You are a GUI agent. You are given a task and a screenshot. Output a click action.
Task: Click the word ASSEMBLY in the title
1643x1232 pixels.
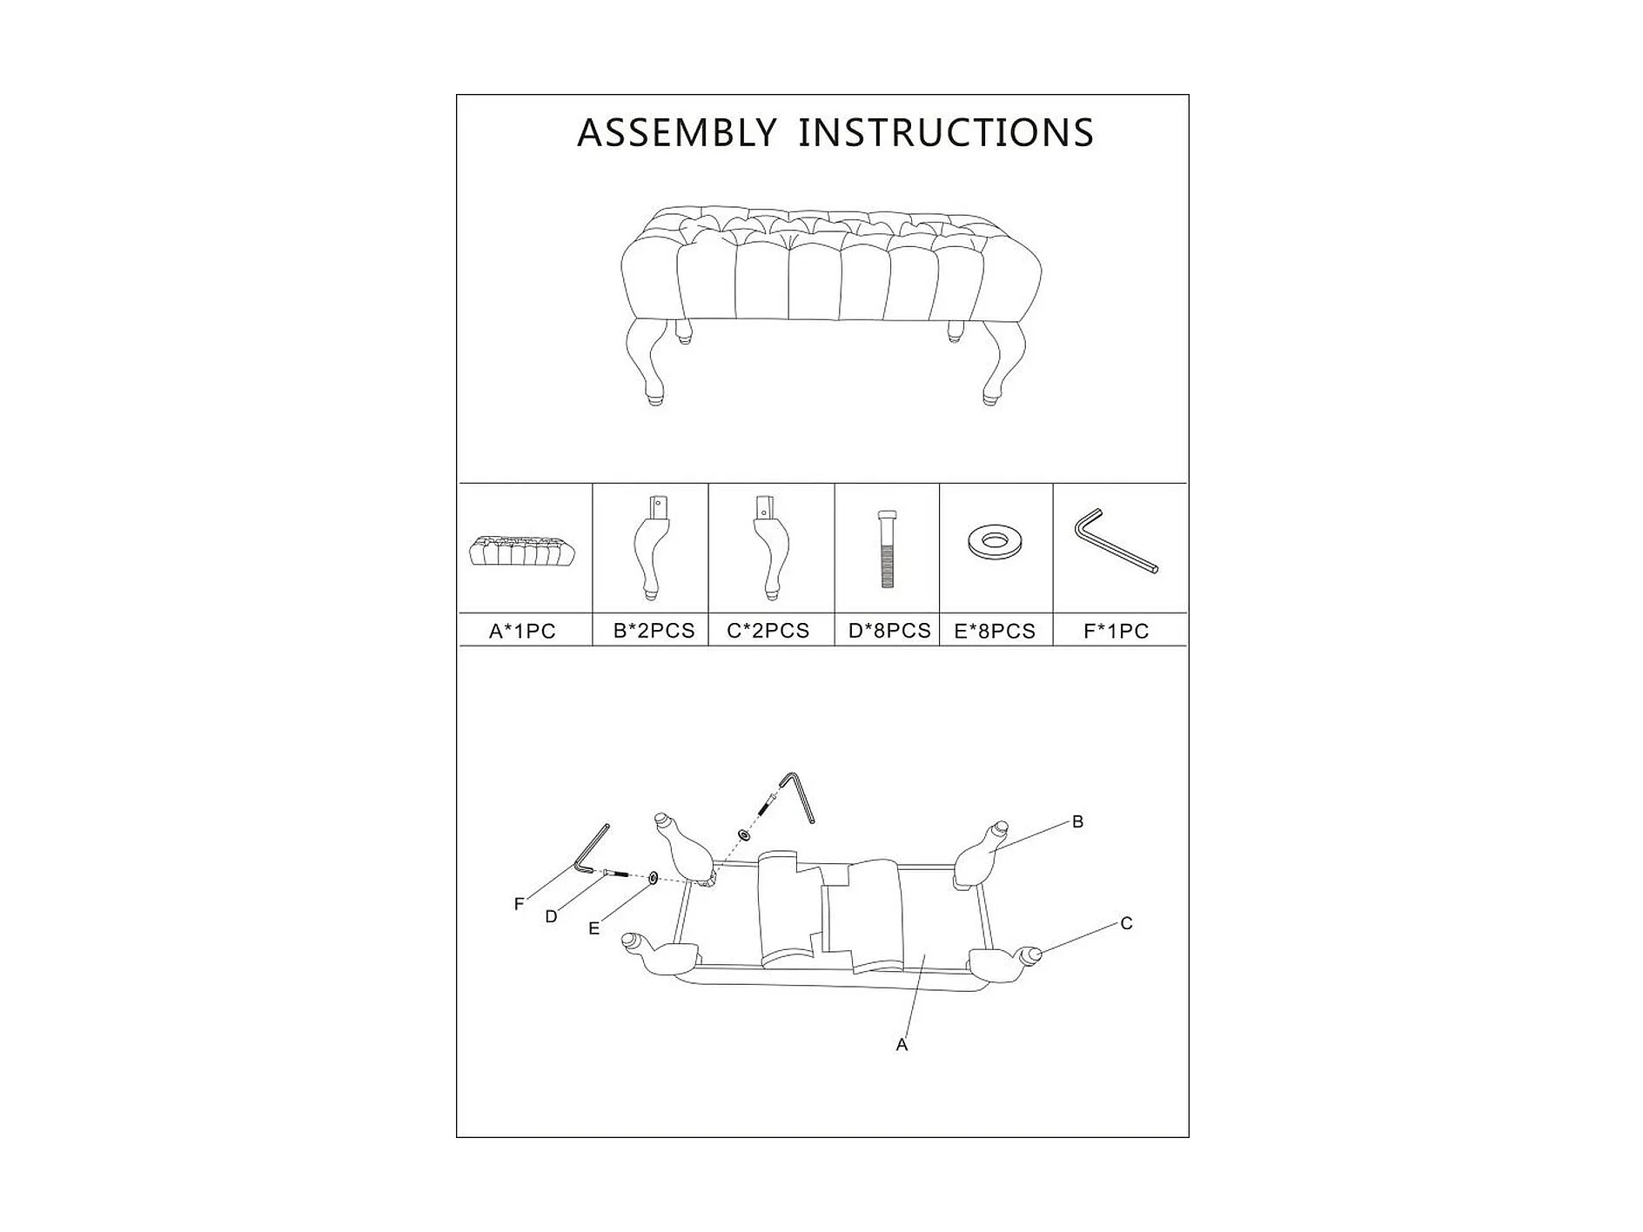(x=676, y=133)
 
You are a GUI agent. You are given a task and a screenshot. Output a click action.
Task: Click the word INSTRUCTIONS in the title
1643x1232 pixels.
(x=946, y=133)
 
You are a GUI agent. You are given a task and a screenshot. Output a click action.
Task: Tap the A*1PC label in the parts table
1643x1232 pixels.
(x=522, y=631)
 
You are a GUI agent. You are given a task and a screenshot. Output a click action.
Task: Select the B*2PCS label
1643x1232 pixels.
(x=654, y=631)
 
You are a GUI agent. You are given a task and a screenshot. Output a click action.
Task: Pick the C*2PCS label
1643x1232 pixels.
(x=768, y=631)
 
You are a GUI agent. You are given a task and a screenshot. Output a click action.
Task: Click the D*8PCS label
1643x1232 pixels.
(x=889, y=631)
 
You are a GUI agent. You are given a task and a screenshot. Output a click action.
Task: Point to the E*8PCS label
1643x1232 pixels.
(x=995, y=631)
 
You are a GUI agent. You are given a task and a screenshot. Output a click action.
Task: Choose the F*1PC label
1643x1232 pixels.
(x=1117, y=631)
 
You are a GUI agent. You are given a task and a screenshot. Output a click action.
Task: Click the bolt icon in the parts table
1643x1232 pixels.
(x=887, y=548)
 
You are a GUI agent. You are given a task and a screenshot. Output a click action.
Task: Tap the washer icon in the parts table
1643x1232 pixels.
(x=995, y=541)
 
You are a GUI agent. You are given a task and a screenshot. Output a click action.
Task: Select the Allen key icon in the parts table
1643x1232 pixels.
(x=1115, y=540)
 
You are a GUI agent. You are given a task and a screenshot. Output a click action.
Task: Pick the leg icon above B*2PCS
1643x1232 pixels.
(x=652, y=547)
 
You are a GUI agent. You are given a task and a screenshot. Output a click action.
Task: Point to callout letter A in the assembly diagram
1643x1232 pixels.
(x=902, y=1044)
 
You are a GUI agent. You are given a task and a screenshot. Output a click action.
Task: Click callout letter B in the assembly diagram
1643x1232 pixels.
(x=1077, y=821)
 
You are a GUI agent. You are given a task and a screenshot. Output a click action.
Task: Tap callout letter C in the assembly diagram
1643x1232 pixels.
(x=1126, y=923)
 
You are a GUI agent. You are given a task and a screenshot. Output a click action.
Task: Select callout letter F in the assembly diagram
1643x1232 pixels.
(x=520, y=904)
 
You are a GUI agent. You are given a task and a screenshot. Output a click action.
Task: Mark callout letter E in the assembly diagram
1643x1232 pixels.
(x=594, y=928)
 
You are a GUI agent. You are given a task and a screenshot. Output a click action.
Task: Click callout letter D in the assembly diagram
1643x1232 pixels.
(x=551, y=916)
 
